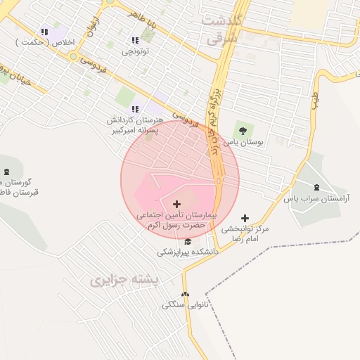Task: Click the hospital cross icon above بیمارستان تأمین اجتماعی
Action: click(x=176, y=203)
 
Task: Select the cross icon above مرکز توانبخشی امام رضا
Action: click(x=245, y=219)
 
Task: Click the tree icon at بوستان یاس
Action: click(x=243, y=130)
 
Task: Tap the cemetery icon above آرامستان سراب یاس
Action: click(x=316, y=186)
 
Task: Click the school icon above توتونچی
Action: click(x=135, y=41)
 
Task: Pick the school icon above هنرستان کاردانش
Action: click(x=135, y=109)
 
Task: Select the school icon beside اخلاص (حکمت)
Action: click(x=44, y=32)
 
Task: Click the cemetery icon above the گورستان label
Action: click(x=6, y=172)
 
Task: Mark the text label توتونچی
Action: click(x=136, y=51)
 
